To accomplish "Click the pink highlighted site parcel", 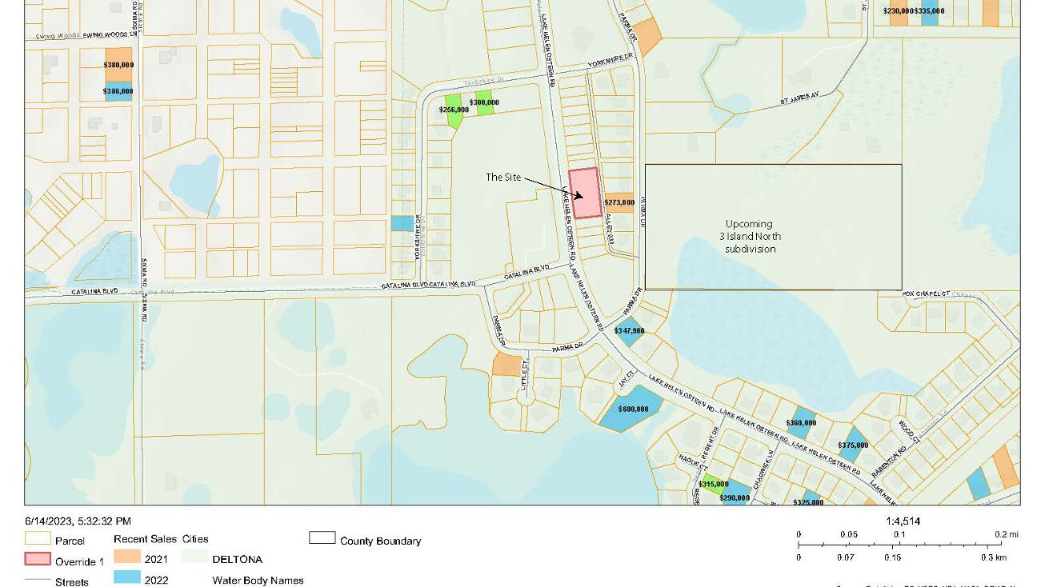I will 585,193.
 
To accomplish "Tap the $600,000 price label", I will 633,409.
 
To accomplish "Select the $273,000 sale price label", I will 619,202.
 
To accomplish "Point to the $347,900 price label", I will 629,330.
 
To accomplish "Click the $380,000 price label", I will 118,65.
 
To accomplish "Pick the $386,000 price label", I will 118,92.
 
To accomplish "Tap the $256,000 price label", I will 454,110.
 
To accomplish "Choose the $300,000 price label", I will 484,102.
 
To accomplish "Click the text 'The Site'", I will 503,177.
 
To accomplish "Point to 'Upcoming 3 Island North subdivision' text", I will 750,236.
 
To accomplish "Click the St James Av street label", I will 801,102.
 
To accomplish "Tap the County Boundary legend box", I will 322,538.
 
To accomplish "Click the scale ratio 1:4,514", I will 903,521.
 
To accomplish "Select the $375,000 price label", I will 853,445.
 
